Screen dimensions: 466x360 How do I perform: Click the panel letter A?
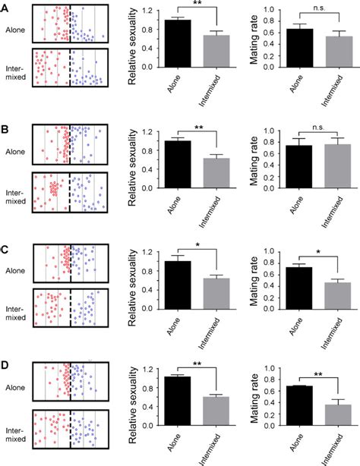pyautogui.click(x=5, y=7)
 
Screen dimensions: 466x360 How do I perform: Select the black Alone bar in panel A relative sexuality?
pyautogui.click(x=178, y=43)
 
